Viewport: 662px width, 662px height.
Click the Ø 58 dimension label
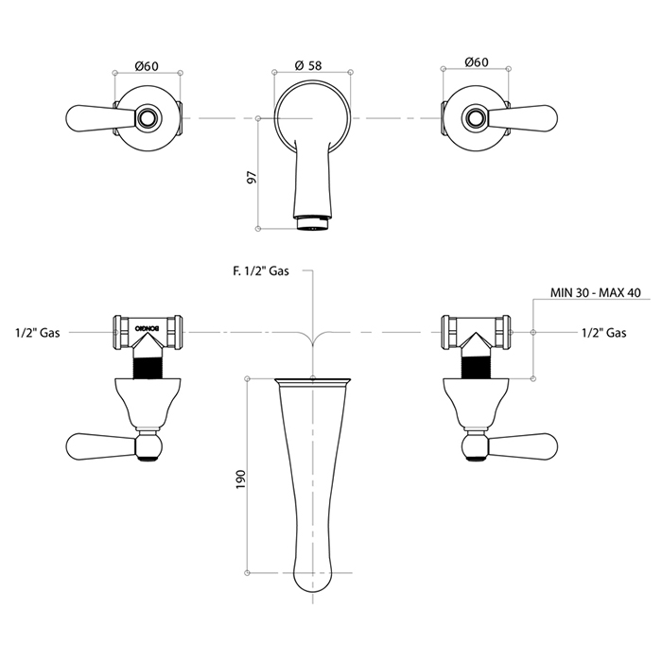point(308,65)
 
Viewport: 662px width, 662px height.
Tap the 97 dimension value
point(252,178)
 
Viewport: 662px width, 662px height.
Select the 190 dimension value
point(240,479)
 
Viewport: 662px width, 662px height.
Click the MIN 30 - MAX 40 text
point(595,292)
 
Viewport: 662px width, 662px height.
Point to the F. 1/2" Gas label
point(261,271)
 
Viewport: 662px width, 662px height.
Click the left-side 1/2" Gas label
point(38,333)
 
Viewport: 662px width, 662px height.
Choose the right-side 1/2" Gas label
point(603,333)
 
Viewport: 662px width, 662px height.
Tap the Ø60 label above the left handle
point(147,66)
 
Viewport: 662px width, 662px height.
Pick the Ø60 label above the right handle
point(477,62)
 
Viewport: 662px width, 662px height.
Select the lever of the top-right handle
point(523,117)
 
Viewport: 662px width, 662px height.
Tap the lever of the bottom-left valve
point(100,445)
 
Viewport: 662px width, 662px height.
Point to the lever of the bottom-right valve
point(523,445)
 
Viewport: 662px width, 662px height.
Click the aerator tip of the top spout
point(312,222)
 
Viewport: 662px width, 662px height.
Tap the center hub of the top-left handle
point(148,118)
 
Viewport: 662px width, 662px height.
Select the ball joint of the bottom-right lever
point(476,445)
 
